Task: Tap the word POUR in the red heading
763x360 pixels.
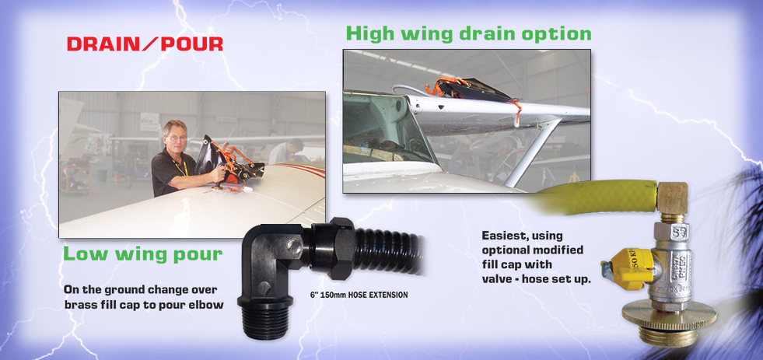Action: tap(192, 44)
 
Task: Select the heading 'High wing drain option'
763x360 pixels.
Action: tap(468, 33)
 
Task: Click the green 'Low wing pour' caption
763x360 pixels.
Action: tap(142, 254)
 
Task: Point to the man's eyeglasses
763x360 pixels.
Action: tap(177, 138)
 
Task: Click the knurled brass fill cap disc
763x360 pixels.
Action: tap(669, 316)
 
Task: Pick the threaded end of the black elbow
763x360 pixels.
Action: tap(266, 319)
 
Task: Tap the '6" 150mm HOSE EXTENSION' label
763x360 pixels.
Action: tap(359, 295)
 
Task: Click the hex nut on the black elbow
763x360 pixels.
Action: tap(333, 248)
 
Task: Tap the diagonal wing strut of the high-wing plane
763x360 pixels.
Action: tap(529, 152)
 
